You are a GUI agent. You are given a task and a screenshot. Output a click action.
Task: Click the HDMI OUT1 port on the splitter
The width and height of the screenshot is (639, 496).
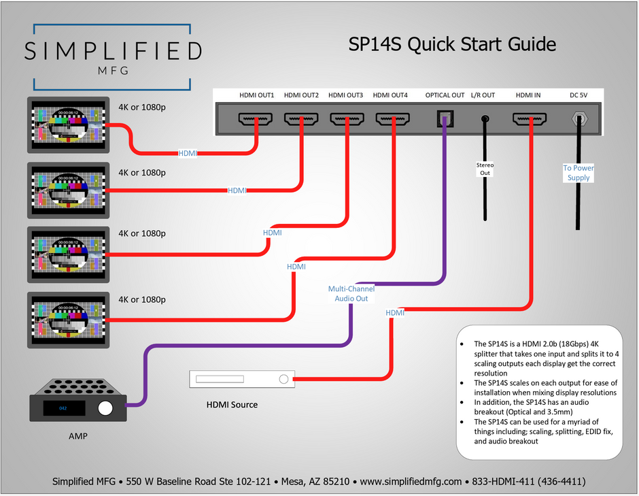tap(256, 120)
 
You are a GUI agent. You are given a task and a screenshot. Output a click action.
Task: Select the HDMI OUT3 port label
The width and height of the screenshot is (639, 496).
tap(345, 95)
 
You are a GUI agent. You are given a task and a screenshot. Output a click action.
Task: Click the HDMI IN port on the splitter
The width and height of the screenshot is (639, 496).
tap(529, 120)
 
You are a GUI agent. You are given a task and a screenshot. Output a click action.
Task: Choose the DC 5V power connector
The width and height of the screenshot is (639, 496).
tap(578, 120)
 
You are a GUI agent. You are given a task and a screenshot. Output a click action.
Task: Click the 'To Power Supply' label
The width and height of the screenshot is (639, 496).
tap(578, 173)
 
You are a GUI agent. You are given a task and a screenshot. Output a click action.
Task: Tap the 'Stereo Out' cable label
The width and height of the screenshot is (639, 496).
tap(485, 169)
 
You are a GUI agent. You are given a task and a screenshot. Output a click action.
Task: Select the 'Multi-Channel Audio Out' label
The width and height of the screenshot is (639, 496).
tap(351, 294)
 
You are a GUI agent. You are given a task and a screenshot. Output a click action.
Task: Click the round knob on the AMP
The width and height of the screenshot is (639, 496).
tap(105, 408)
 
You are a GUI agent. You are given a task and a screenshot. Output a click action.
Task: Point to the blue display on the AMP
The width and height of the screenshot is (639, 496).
tap(63, 408)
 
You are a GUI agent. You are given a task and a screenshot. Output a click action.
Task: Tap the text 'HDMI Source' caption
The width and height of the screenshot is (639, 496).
tap(232, 405)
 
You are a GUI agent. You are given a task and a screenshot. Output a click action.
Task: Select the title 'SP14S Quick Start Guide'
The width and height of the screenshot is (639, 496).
tap(452, 45)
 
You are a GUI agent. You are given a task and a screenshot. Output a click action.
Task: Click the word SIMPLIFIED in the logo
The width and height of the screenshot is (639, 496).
tap(112, 51)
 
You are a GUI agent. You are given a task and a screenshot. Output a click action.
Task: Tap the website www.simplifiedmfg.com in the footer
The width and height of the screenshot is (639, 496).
tap(411, 481)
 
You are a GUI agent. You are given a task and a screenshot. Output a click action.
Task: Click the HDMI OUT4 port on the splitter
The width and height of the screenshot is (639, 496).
tap(392, 120)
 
